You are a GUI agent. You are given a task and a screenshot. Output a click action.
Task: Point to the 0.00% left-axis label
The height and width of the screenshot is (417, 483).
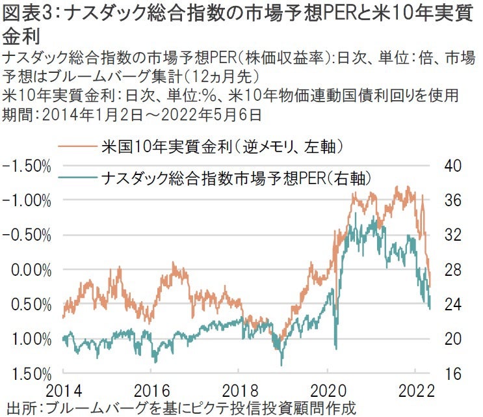click(29, 269)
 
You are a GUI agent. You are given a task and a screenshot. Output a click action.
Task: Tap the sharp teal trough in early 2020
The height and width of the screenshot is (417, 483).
click(335, 347)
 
